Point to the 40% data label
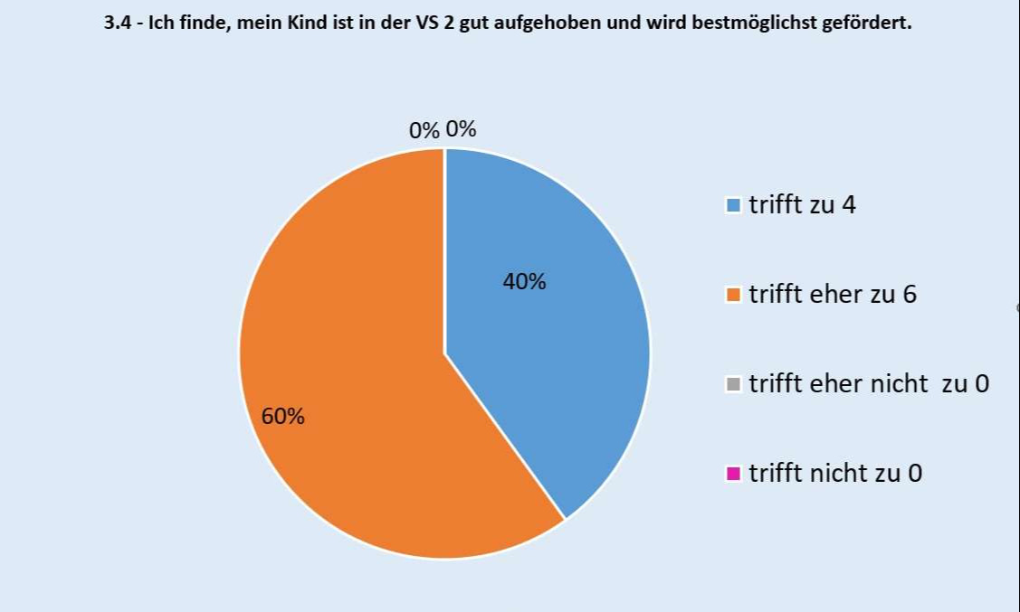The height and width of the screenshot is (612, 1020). (524, 282)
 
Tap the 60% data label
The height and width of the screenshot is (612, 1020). (283, 417)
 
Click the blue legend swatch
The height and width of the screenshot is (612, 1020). (733, 205)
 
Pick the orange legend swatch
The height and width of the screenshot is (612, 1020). (733, 295)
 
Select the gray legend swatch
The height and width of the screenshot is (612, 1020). (733, 384)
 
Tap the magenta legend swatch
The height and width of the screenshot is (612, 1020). (733, 474)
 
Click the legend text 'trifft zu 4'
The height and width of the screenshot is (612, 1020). (802, 205)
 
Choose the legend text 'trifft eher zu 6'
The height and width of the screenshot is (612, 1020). (833, 295)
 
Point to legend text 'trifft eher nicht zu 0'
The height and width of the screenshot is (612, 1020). (869, 384)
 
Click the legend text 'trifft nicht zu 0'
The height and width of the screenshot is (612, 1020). (835, 474)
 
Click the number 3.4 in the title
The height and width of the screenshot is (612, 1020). (118, 23)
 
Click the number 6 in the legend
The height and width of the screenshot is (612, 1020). (910, 295)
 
